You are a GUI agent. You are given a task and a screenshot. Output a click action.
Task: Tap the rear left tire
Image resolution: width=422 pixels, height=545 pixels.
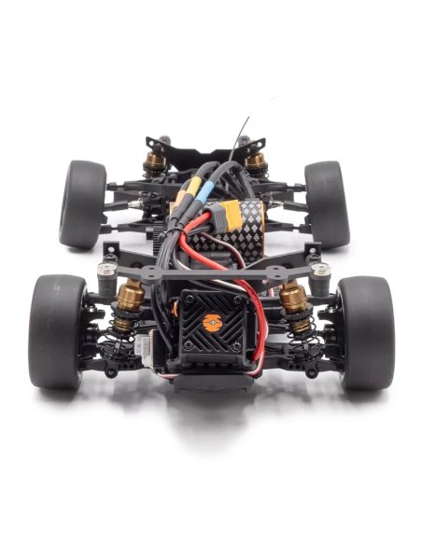pyautogui.click(x=83, y=203)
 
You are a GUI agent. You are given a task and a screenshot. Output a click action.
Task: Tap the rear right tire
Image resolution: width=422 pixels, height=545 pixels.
pyautogui.click(x=326, y=203)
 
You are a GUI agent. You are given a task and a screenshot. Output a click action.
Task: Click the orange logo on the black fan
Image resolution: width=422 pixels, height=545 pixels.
pyautogui.click(x=213, y=320)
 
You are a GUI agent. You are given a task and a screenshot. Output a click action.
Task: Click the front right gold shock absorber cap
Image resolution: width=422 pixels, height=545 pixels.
pyautogui.click(x=293, y=297)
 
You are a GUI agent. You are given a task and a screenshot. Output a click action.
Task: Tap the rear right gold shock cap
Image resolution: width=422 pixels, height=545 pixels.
pyautogui.click(x=256, y=162)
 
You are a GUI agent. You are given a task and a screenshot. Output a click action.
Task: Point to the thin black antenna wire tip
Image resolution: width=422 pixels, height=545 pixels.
pyautogui.click(x=247, y=121)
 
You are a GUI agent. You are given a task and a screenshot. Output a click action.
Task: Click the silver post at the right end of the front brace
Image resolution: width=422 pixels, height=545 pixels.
pyautogui.click(x=323, y=270)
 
